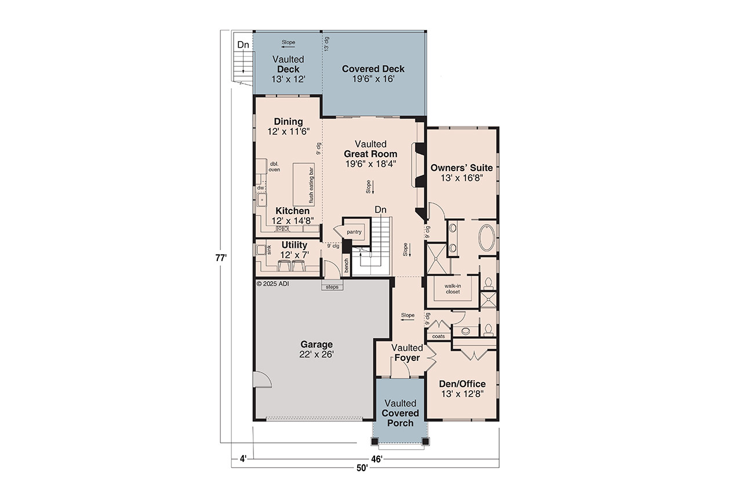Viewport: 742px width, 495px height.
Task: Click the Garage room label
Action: point(317,349)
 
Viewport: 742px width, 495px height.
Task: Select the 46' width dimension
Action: point(377,459)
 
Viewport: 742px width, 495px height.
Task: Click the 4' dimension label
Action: point(243,459)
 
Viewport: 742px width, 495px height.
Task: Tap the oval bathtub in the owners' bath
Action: point(488,238)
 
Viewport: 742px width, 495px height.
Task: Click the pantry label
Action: point(354,232)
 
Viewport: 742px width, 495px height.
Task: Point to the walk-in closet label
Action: point(452,289)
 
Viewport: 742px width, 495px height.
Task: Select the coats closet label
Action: point(438,336)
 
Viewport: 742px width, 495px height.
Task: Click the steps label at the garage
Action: point(332,287)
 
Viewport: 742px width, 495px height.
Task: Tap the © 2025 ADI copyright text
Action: point(272,284)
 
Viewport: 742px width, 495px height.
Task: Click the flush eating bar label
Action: point(311,185)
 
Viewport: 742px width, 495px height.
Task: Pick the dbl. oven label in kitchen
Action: point(274,167)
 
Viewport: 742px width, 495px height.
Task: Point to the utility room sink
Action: point(261,250)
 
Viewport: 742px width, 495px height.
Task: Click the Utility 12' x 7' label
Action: point(294,250)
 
